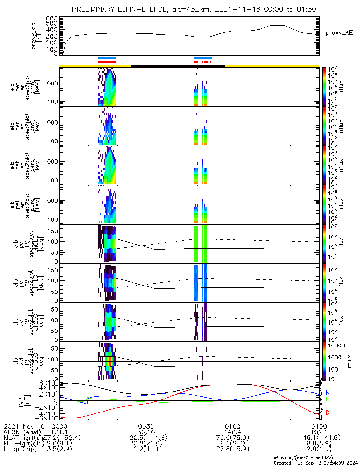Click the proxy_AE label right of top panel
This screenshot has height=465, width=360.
pyautogui.click(x=339, y=33)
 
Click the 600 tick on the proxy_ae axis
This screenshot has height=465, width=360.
pyautogui.click(x=52, y=18)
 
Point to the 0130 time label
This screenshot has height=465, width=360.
pyautogui.click(x=319, y=426)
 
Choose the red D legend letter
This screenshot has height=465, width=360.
pyautogui.click(x=327, y=413)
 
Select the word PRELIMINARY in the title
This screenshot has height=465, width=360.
pyautogui.click(x=97, y=9)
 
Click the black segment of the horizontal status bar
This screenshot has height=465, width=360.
pyautogui.click(x=178, y=66)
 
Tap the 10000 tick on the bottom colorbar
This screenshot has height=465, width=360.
pyautogui.click(x=337, y=345)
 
